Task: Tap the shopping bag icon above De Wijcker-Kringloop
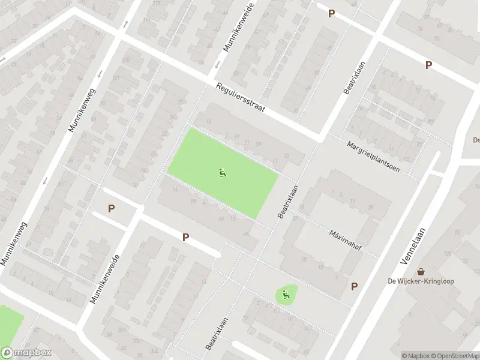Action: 421,271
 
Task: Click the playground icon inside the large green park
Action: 223,173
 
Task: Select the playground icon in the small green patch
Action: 286,294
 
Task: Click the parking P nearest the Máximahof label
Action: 354,287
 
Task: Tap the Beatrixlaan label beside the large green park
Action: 289,201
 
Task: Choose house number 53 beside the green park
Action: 286,156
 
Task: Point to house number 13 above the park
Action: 208,122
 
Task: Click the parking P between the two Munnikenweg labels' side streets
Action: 111,208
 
